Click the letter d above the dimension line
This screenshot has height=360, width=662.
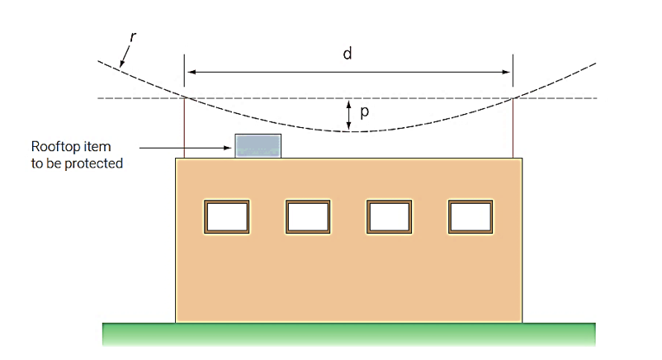348,54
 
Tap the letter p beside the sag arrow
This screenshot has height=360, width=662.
364,113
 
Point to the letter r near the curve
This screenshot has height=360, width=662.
134,38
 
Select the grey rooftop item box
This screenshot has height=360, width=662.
258,145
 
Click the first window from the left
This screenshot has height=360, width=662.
226,216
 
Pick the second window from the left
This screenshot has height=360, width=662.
308,216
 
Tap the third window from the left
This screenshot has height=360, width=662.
389,216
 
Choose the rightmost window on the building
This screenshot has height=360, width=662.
470,216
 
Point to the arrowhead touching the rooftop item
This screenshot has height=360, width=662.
230,148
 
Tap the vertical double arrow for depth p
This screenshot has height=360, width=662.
349,116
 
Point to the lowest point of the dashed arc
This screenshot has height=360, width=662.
348,131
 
